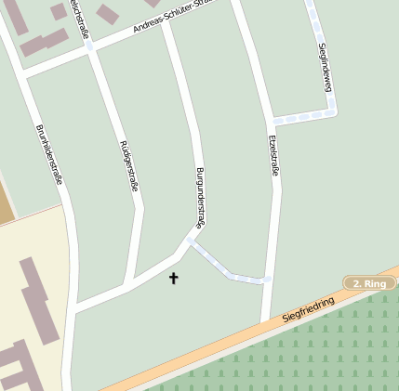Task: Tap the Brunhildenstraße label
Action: pyautogui.click(x=49, y=154)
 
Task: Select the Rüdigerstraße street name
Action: pyautogui.click(x=129, y=166)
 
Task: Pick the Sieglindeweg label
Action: pyautogui.click(x=325, y=68)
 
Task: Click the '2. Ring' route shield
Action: pyautogui.click(x=368, y=283)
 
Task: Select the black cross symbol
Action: pyautogui.click(x=173, y=277)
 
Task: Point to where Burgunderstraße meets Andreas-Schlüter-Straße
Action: pyautogui.click(x=165, y=21)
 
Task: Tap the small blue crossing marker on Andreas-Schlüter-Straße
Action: pyautogui.click(x=89, y=46)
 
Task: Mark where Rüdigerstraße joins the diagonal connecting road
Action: pyautogui.click(x=126, y=283)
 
